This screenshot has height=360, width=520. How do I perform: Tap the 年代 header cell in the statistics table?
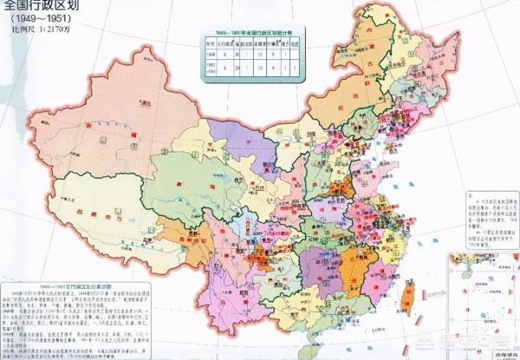(x=211, y=41)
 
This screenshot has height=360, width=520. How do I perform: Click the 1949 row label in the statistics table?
(x=211, y=54)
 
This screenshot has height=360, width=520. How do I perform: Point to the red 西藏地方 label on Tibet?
(x=91, y=208)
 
